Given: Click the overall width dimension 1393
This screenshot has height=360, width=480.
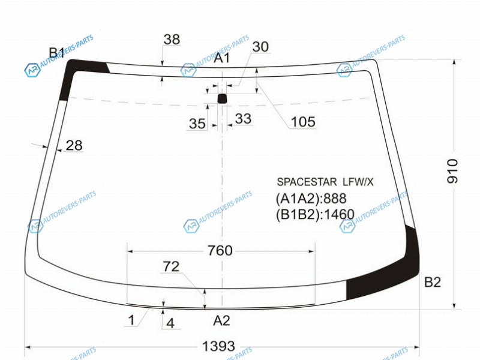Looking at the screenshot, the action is point(218,347).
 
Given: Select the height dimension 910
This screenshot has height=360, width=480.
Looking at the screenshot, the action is point(453,171).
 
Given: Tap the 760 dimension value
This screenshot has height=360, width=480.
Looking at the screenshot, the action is point(220,251).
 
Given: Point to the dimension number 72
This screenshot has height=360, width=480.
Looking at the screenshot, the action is point(171,266).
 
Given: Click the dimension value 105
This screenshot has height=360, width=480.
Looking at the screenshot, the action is point(303,122).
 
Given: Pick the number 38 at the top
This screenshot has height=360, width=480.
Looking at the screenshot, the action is point(172,40).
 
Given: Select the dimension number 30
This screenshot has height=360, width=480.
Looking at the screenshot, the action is point(260,47).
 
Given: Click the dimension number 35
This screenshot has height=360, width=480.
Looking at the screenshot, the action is point(197,124).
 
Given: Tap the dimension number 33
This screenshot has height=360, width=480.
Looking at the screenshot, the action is point(244,119).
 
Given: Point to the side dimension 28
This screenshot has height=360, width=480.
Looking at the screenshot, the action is point(74,145).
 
